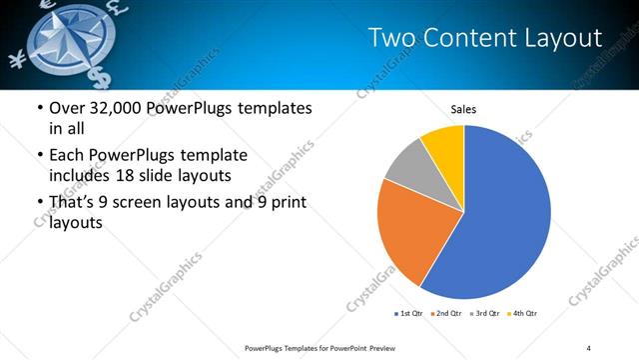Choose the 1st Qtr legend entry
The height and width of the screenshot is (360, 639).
pos(409,314)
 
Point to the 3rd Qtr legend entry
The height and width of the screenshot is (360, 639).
pos(487,314)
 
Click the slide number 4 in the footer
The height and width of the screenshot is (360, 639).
pos(589,347)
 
